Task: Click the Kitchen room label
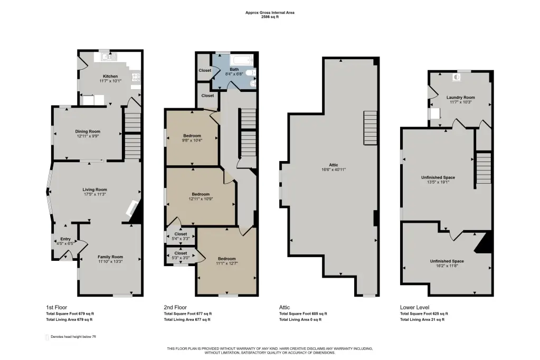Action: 110,76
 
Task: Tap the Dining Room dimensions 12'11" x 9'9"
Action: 88,136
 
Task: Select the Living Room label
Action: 94,190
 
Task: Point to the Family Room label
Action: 110,257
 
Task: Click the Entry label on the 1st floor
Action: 65,239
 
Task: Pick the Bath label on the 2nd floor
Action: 234,69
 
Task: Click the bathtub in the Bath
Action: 243,61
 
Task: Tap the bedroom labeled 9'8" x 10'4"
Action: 192,138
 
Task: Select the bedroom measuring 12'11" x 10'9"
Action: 201,196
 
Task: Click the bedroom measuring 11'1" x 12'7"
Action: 226,261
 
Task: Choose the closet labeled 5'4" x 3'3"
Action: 181,236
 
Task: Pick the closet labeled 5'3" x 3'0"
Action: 181,255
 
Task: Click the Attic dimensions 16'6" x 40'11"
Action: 334,169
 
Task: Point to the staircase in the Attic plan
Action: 370,128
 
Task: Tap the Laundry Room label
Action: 461,98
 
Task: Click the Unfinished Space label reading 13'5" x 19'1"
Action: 438,180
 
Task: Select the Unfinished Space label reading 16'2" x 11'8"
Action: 447,263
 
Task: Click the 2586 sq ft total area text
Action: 270,16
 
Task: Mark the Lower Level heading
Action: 415,307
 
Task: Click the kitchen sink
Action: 107,56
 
